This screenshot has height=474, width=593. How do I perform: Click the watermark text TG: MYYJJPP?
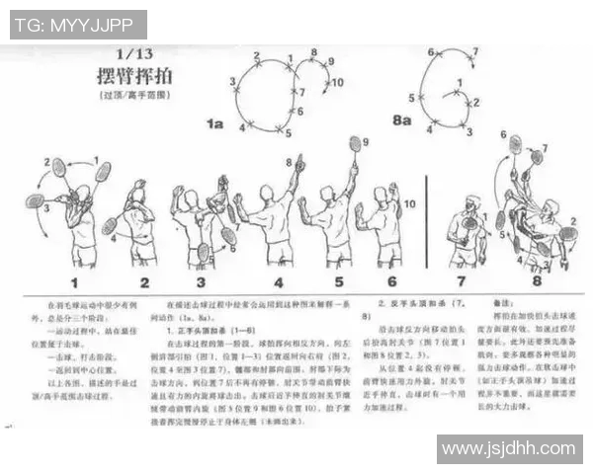[78, 25]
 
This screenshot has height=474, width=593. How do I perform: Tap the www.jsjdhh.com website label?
[509, 449]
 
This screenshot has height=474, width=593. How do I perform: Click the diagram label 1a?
[214, 124]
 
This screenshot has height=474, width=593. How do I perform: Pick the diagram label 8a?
[401, 120]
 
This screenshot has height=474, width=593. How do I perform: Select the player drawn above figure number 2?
[139, 225]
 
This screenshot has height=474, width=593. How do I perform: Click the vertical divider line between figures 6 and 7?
[426, 217]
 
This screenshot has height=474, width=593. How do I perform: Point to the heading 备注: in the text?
[500, 303]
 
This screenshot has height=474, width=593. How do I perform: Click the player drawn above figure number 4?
[275, 219]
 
